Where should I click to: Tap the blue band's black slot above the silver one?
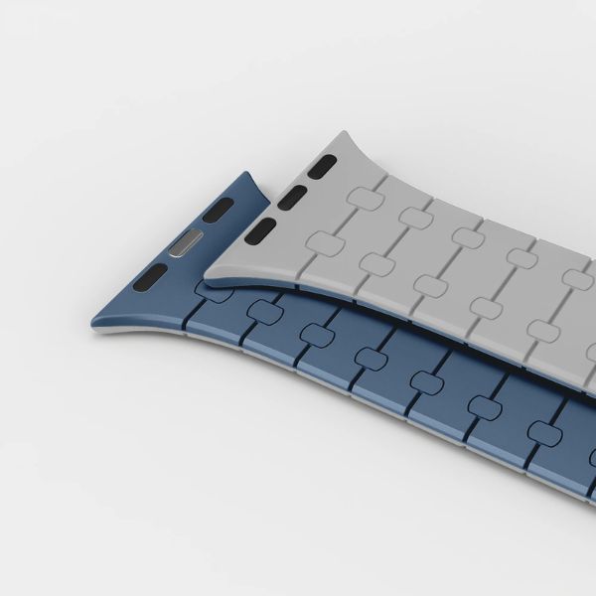click(x=220, y=210)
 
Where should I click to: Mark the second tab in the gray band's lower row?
click(x=378, y=262)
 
